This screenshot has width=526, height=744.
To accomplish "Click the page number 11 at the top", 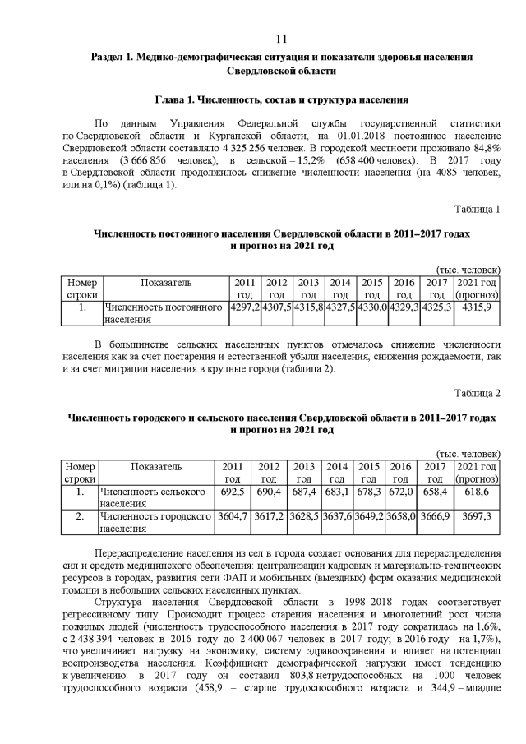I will [281, 39].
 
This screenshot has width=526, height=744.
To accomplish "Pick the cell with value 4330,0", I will [371, 307].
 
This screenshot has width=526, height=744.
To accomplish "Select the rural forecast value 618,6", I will [476, 492].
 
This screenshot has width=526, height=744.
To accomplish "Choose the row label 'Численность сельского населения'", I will [152, 497].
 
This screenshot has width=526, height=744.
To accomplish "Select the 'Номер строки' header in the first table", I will [81, 288].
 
